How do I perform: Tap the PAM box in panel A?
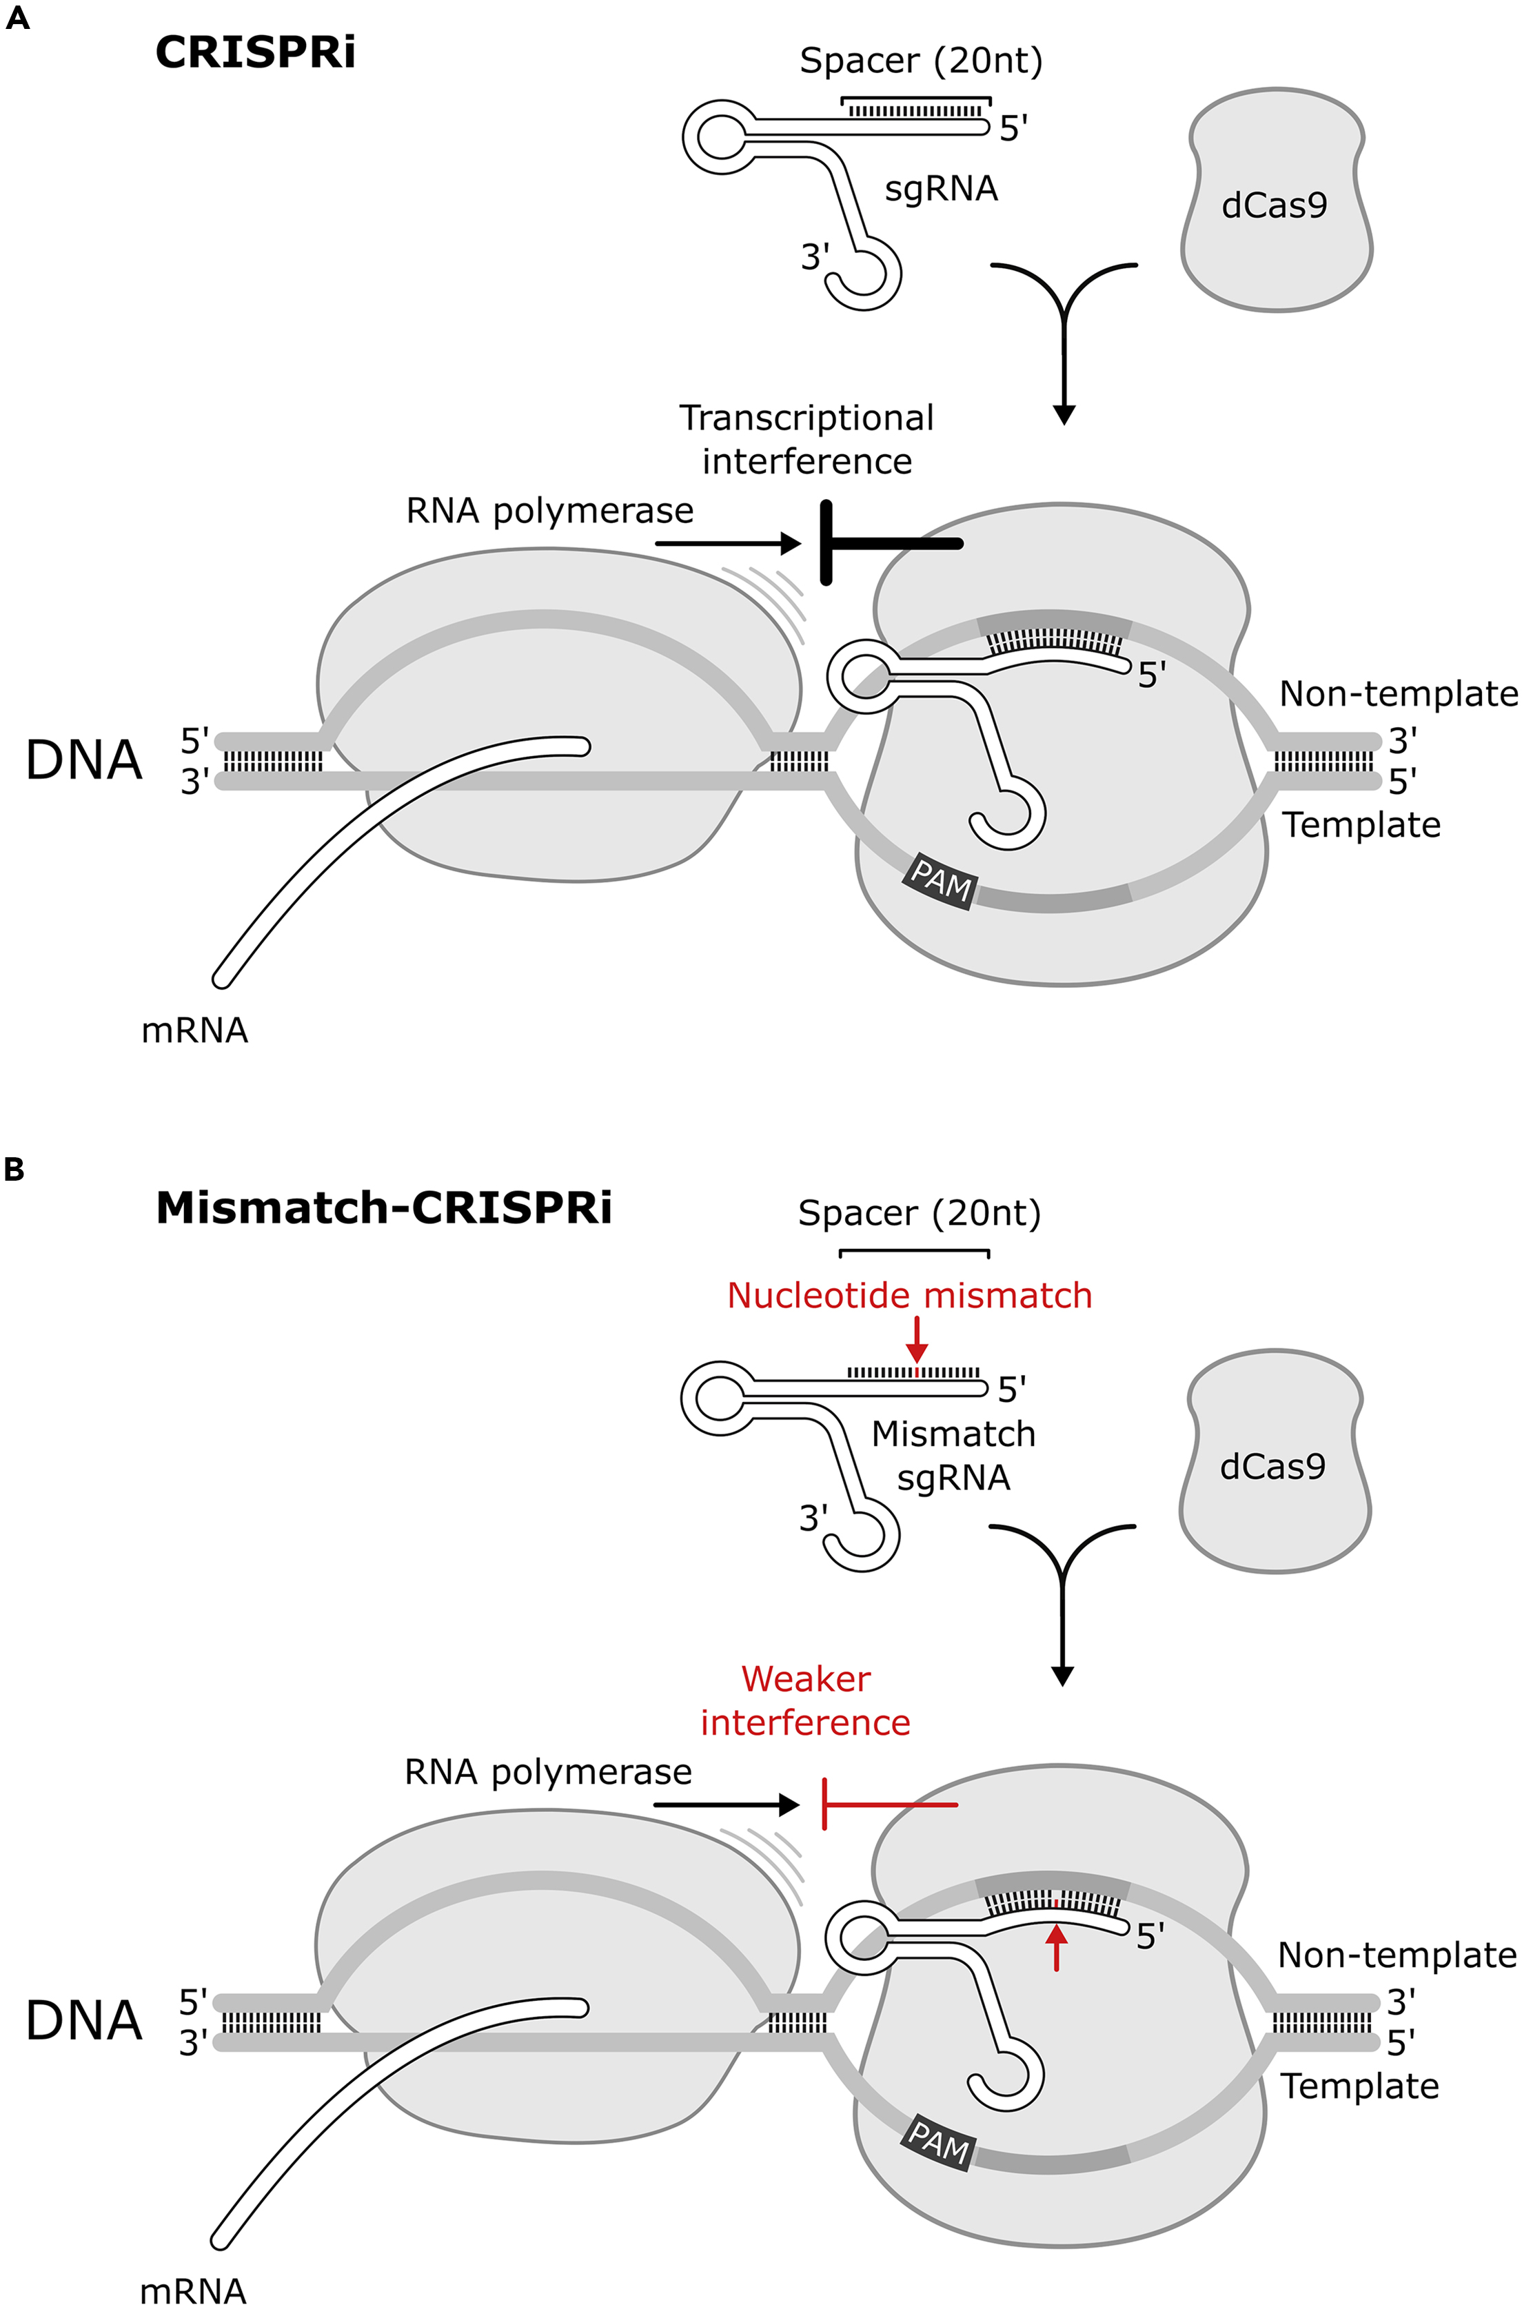pyautogui.click(x=940, y=880)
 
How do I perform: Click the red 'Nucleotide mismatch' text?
pyautogui.click(x=909, y=1296)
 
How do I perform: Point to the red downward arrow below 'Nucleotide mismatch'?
pyautogui.click(x=915, y=1344)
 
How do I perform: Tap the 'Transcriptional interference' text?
pyautogui.click(x=806, y=440)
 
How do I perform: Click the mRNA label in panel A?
pyautogui.click(x=194, y=1030)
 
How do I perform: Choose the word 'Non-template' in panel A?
pyautogui.click(x=1398, y=694)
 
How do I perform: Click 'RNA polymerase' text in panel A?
pyautogui.click(x=549, y=511)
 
